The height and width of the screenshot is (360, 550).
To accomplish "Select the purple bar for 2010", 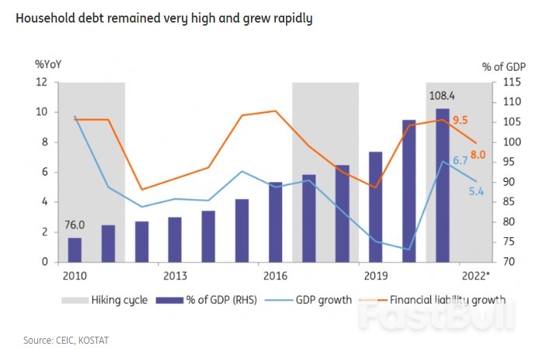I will pyautogui.click(x=75, y=250).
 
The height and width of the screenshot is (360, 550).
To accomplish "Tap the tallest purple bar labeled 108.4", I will pyautogui.click(x=441, y=185).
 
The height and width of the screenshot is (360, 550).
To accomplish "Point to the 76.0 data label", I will pyautogui.click(x=75, y=225).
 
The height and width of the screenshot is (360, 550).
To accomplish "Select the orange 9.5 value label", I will pyautogui.click(x=460, y=120).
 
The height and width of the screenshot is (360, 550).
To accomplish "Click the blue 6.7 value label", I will pyautogui.click(x=459, y=160).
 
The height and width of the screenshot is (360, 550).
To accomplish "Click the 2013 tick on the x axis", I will pyautogui.click(x=175, y=276).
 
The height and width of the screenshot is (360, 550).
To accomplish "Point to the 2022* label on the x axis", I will pyautogui.click(x=475, y=276).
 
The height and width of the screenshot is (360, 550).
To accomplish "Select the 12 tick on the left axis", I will pyautogui.click(x=44, y=82).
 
